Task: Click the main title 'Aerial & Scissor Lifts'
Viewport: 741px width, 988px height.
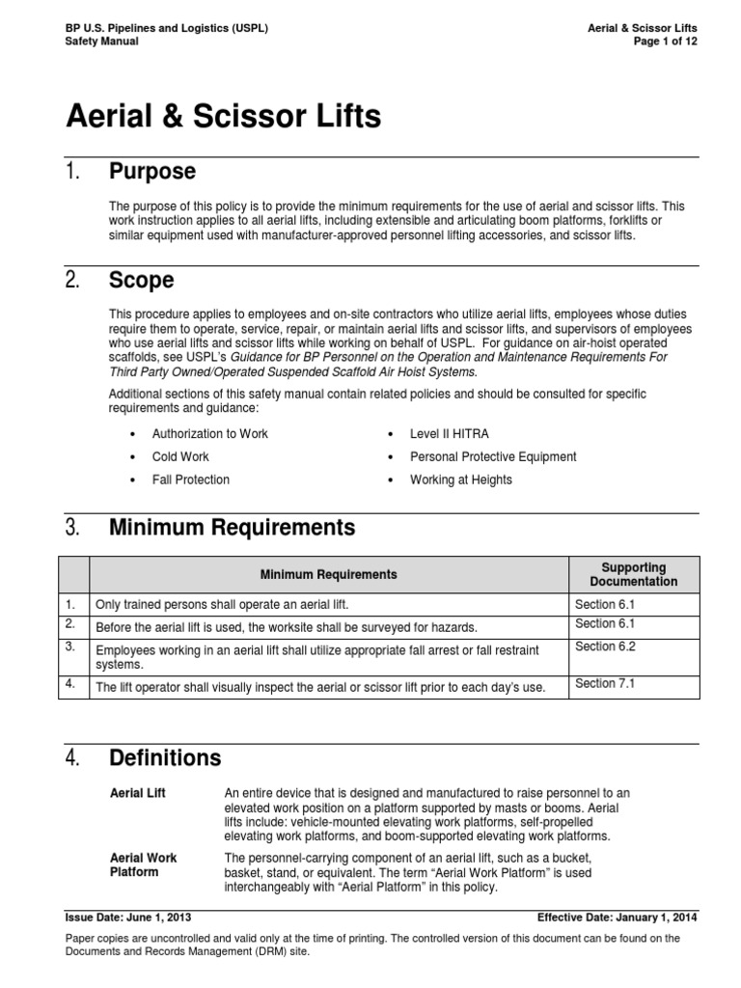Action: point(223,118)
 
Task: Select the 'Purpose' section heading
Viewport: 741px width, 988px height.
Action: point(152,172)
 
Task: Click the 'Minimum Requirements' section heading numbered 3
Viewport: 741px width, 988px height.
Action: point(232,528)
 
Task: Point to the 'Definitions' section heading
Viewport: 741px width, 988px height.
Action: point(165,757)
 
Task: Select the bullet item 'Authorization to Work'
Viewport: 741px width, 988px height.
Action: point(210,434)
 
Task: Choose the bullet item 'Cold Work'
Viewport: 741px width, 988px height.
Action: point(180,456)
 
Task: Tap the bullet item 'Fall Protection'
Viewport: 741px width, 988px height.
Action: point(191,480)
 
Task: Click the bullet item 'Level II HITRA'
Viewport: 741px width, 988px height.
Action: point(449,434)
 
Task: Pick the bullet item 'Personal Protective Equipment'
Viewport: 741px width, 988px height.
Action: point(493,456)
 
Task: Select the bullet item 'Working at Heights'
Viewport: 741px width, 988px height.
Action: point(461,480)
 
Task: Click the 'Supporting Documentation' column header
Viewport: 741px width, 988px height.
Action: point(633,574)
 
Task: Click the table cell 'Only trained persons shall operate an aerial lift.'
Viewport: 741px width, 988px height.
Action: point(221,604)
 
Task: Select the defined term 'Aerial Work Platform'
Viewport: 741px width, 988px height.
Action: point(145,864)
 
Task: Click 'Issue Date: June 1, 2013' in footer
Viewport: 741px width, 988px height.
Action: point(129,918)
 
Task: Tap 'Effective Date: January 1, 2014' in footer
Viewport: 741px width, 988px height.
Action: point(617,918)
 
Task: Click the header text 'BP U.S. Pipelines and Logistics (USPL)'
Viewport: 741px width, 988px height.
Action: point(166,29)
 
